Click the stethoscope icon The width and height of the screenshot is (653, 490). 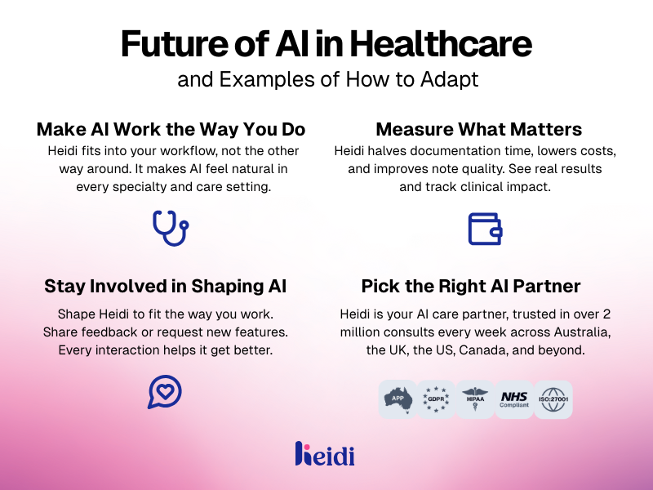(x=170, y=228)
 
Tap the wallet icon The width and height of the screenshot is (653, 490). (x=485, y=229)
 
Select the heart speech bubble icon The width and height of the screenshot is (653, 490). (x=164, y=391)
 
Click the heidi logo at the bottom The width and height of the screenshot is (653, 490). (x=325, y=454)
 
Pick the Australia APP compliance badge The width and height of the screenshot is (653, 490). (x=398, y=399)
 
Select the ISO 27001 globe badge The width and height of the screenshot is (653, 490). (x=553, y=399)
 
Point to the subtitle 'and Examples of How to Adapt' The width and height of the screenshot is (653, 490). (x=326, y=81)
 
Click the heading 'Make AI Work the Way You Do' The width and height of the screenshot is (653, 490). (x=171, y=129)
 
